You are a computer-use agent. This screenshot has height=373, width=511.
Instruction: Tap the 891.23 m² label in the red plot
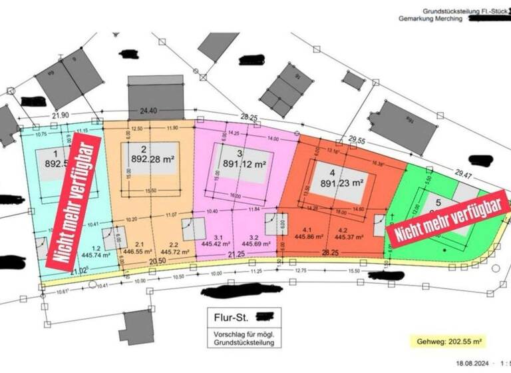[342, 180]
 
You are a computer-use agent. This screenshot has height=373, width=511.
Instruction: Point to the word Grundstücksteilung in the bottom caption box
[244, 343]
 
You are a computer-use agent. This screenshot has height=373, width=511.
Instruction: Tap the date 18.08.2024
[473, 363]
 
